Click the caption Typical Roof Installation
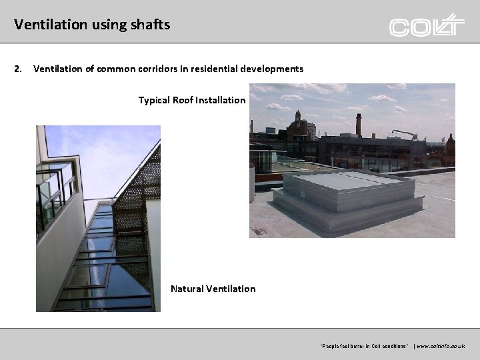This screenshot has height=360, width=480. [192, 100]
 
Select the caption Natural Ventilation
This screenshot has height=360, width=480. [213, 289]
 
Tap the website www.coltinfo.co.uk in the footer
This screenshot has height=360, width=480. [441, 346]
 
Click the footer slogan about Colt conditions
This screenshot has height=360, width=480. [364, 346]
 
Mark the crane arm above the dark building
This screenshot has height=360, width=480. [405, 133]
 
